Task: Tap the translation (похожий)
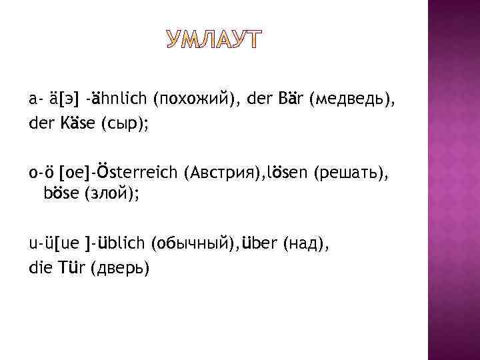pyautogui.click(x=197, y=100)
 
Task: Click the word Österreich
pyautogui.click(x=135, y=173)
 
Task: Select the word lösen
pyautogui.click(x=286, y=173)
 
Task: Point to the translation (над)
pyautogui.click(x=305, y=244)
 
